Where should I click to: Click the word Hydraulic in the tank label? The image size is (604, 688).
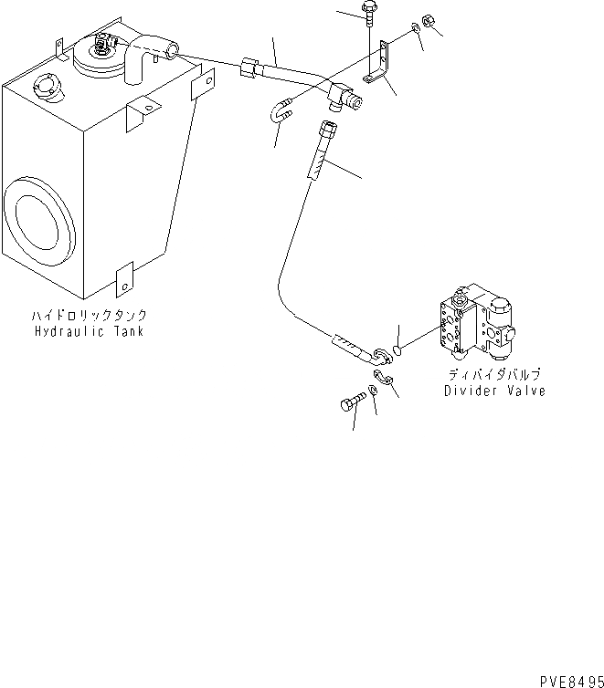63,331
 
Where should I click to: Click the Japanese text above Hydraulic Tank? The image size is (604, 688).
88,316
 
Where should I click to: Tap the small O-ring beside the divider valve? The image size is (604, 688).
398,347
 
